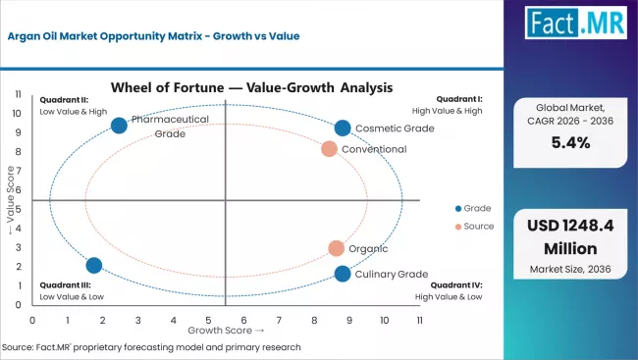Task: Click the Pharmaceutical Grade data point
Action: [119, 125]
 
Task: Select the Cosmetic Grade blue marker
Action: [342, 129]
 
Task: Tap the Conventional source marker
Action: [329, 149]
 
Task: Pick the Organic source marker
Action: [336, 249]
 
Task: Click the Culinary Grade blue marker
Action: [342, 274]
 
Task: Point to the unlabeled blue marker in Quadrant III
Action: [94, 265]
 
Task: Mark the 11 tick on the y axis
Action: [19, 93]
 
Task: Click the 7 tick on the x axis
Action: [279, 320]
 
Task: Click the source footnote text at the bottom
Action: [152, 348]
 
